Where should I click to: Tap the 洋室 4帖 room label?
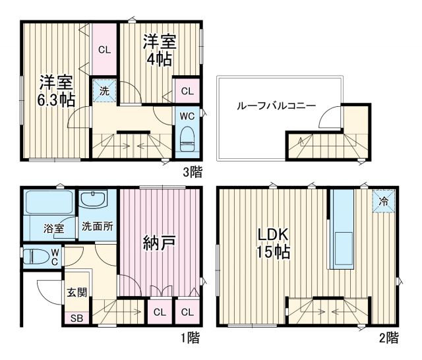pyautogui.click(x=159, y=50)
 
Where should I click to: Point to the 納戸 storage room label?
pyautogui.click(x=159, y=243)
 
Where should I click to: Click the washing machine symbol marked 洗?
pyautogui.click(x=104, y=91)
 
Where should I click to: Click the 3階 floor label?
pyautogui.click(x=193, y=172)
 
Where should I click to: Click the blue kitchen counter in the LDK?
pyautogui.click(x=342, y=229)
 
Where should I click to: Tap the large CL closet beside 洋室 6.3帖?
pyautogui.click(x=104, y=49)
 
